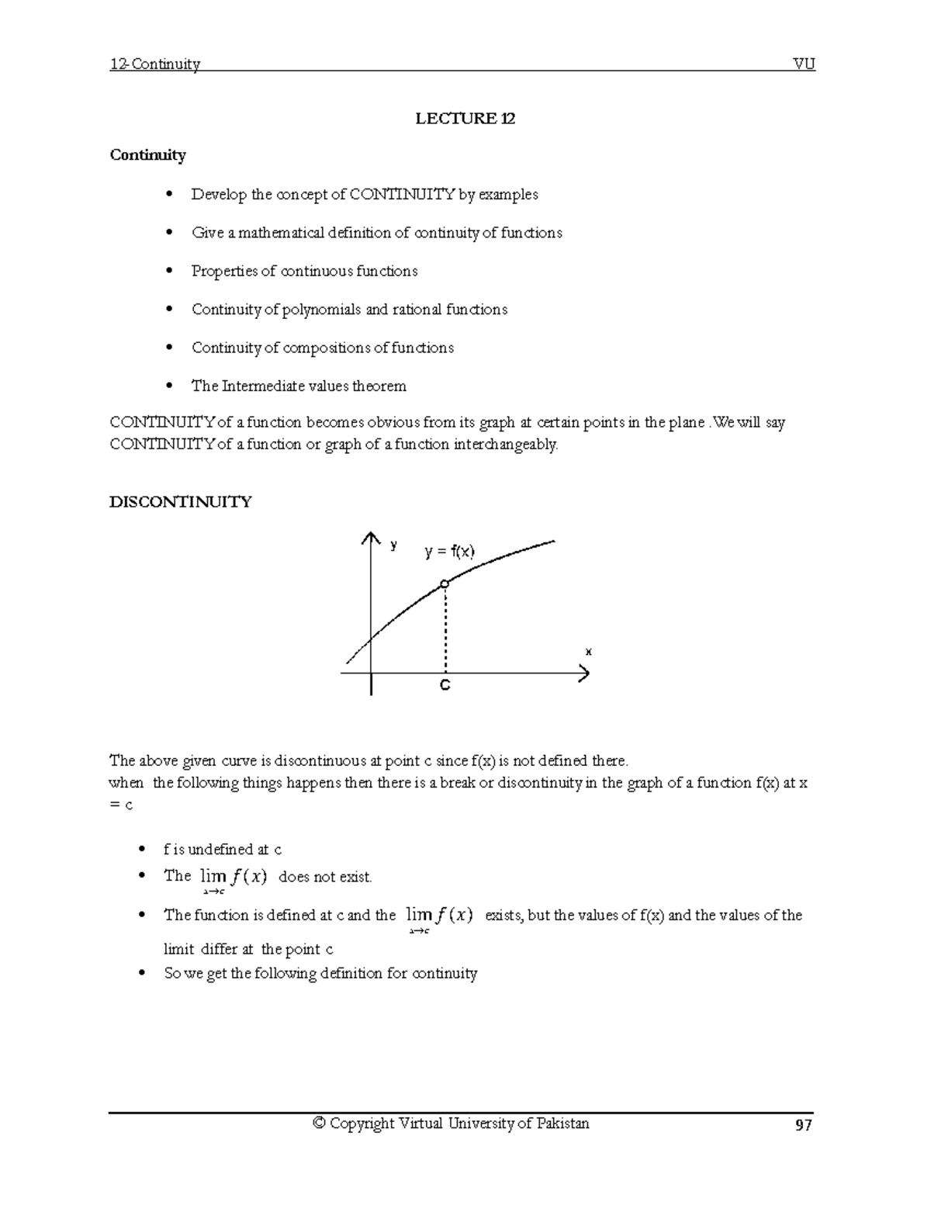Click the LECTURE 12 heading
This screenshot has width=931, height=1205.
[x=465, y=119]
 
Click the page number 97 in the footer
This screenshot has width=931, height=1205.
[x=803, y=1125]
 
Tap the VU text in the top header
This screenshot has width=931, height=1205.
[x=804, y=64]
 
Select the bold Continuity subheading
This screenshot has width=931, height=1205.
[x=147, y=155]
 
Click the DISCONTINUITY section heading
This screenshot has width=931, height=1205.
[x=180, y=502]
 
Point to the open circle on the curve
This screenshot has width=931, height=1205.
[x=444, y=583]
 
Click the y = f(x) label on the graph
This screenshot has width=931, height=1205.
[x=450, y=552]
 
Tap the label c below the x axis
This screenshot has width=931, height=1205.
[x=445, y=686]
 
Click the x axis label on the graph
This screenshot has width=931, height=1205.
[x=588, y=652]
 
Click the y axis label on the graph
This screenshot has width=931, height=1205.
[x=394, y=545]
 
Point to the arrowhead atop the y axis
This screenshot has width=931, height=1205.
[x=371, y=538]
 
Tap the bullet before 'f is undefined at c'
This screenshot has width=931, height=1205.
[x=141, y=850]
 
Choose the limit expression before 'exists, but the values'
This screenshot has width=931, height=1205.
[x=439, y=918]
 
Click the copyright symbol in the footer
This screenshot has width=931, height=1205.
[x=318, y=1124]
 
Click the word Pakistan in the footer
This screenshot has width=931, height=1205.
[x=562, y=1124]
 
